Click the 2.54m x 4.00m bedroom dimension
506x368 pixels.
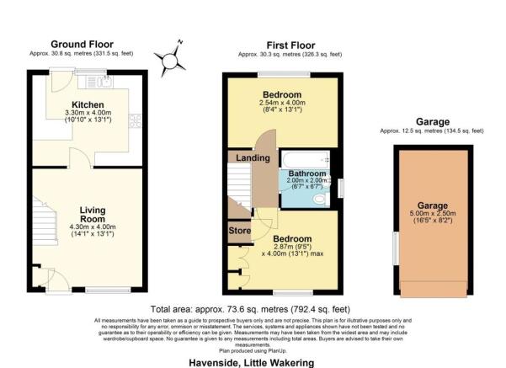tap(282, 104)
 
